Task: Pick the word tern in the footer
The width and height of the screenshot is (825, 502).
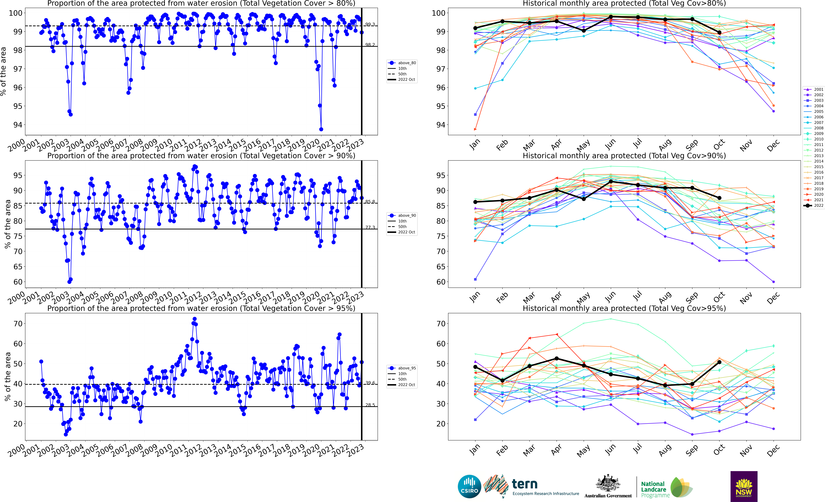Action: [x=525, y=484]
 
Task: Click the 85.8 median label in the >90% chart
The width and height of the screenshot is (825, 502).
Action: [x=370, y=202]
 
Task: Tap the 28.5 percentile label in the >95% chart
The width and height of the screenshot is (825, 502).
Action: [x=370, y=405]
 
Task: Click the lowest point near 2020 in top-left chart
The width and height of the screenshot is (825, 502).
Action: [x=321, y=129]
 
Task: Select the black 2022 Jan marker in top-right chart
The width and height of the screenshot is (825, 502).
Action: [x=475, y=28]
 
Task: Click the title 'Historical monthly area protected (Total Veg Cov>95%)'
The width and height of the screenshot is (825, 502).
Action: [x=624, y=308]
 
